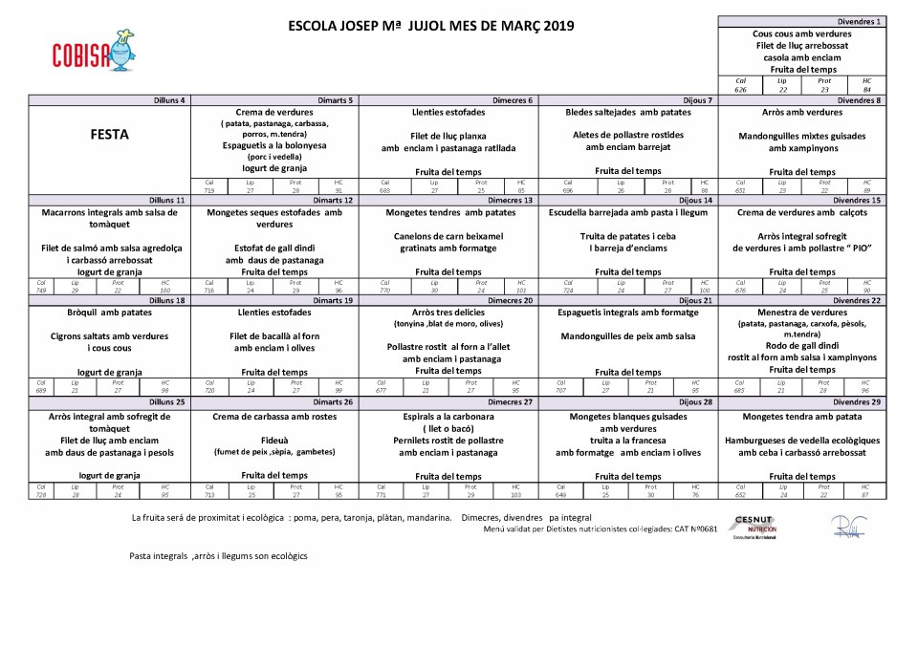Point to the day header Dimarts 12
pos(333,200)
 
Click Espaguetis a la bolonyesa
pos(274,145)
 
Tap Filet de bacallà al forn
pos(274,336)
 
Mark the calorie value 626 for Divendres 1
pos(740,89)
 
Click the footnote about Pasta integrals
pos(219,556)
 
